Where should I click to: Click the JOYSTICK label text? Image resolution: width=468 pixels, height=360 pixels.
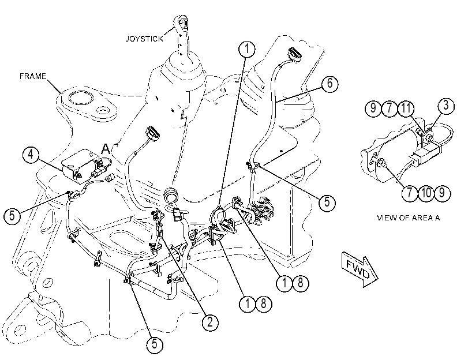[x=144, y=39]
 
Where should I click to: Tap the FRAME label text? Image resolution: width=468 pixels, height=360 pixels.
[x=33, y=76]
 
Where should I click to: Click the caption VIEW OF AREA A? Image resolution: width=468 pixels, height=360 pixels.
[x=409, y=217]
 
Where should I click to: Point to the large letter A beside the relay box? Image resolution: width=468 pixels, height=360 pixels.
[x=106, y=149]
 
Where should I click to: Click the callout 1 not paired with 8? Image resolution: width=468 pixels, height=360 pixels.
[x=247, y=49]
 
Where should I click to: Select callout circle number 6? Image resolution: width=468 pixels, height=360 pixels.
[x=330, y=84]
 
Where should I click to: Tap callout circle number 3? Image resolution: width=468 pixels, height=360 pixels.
[x=446, y=106]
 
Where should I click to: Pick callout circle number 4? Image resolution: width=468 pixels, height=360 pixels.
[x=31, y=155]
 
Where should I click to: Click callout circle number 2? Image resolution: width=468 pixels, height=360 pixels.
[x=210, y=322]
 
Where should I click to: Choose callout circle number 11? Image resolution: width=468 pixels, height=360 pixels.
[x=406, y=108]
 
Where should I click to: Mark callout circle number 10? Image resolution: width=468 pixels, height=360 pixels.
[x=426, y=193]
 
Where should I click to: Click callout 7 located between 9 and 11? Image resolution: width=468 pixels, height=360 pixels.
[x=390, y=108]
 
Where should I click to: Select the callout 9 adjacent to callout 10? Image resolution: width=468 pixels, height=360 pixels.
[x=442, y=193]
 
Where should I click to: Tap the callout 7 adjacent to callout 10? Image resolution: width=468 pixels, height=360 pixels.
[x=410, y=193]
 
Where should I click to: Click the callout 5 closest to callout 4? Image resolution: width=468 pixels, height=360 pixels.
[x=12, y=215]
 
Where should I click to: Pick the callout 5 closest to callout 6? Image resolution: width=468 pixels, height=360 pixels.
[x=327, y=203]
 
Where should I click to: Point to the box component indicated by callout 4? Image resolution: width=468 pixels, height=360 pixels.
[x=80, y=166]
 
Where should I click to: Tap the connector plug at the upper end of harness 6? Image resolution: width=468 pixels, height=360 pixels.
[x=294, y=55]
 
